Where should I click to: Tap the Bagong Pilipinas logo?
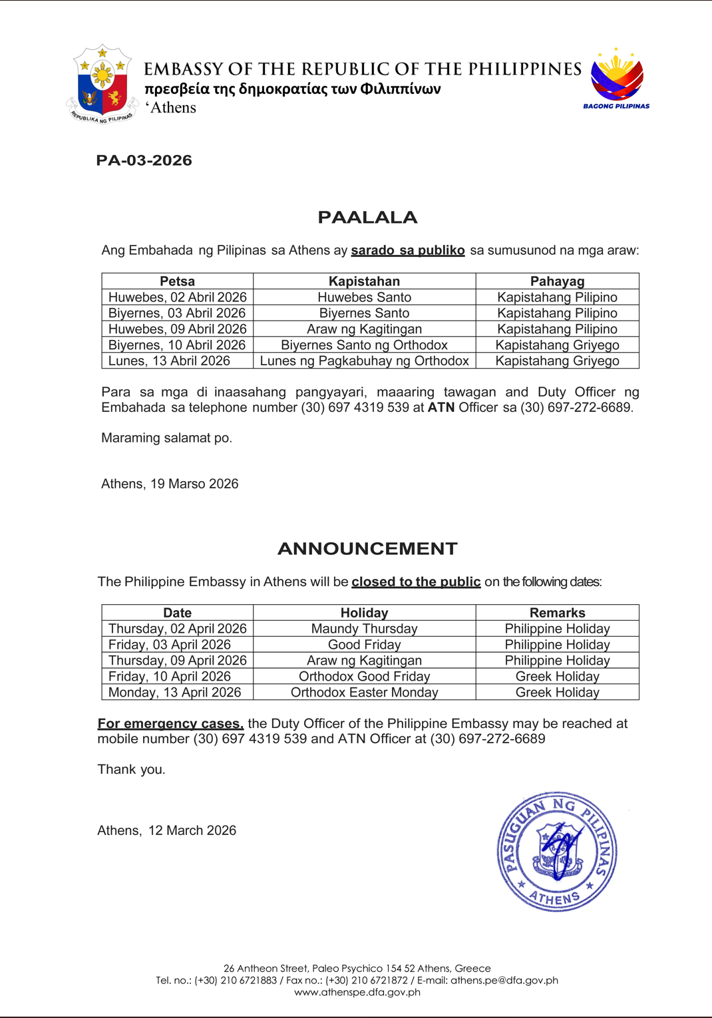pos(617,78)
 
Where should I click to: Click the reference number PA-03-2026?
pos(144,160)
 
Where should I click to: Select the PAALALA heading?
pos(367,218)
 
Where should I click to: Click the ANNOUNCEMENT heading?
pos(367,549)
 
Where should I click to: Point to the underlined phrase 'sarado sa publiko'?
pos(408,251)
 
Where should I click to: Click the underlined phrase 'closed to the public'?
pos(416,582)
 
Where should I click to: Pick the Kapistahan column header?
pos(364,281)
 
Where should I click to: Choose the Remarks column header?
pos(557,613)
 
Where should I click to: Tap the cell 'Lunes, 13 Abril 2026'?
pos(169,361)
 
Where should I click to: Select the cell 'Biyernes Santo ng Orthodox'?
pos(364,345)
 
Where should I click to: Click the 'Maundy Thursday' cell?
pos(364,629)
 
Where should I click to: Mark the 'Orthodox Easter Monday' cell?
pos(364,693)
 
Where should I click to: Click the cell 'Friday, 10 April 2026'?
pos(169,677)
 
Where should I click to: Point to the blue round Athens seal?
pos(557,852)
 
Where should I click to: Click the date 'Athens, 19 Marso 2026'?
pos(170,484)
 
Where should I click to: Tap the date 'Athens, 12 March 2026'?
pos(166,831)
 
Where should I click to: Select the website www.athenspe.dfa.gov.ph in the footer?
pos(357,992)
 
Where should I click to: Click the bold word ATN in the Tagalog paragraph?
pos(441,408)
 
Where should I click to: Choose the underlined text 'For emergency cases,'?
pos(170,724)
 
